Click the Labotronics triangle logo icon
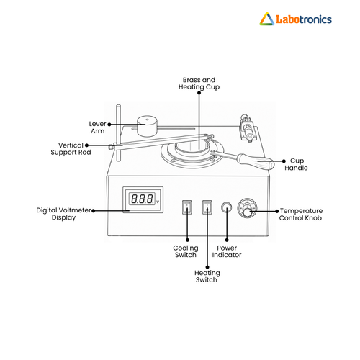pyautogui.click(x=266, y=19)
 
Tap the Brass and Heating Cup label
pyautogui.click(x=199, y=84)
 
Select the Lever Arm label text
pyautogui.click(x=97, y=127)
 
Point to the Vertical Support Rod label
pyautogui.click(x=71, y=149)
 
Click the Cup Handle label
pyautogui.click(x=296, y=164)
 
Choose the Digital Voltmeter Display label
pyautogui.click(x=63, y=214)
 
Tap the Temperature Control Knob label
pyautogui.click(x=301, y=215)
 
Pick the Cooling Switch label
pyautogui.click(x=186, y=251)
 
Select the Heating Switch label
pyautogui.click(x=207, y=276)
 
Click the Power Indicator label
pyautogui.click(x=227, y=251)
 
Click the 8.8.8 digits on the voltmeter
pyautogui.click(x=142, y=199)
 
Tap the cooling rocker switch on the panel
pyautogui.click(x=187, y=207)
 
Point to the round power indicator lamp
pyautogui.click(x=227, y=207)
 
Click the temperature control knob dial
pyautogui.click(x=247, y=208)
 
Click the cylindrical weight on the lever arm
pyautogui.click(x=147, y=126)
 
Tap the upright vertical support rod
pyautogui.click(x=118, y=132)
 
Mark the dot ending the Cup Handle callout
pyautogui.click(x=284, y=161)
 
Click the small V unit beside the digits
pyautogui.click(x=158, y=202)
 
